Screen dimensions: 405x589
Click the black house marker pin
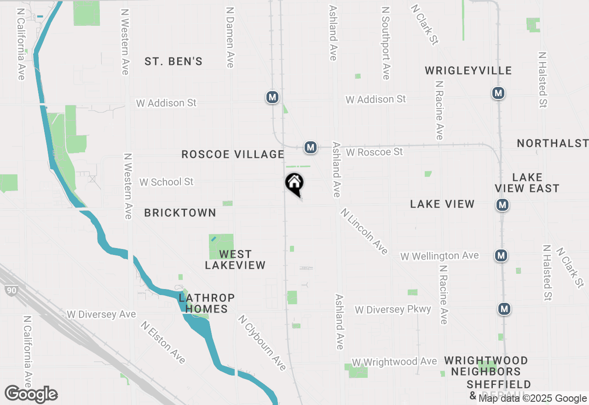pos(294,184)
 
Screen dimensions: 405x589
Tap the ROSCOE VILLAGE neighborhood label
pos(233,154)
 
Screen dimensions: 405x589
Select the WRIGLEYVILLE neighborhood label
pos(468,70)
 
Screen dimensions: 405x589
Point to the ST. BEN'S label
pos(173,62)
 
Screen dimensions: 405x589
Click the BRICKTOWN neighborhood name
pos(180,213)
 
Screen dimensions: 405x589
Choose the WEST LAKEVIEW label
pos(235,260)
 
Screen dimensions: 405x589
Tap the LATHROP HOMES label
pos(207,303)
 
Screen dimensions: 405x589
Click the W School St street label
pos(167,182)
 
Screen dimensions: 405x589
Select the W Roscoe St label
pos(374,152)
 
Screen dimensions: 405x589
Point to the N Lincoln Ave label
pos(364,231)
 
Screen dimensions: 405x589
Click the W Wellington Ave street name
pos(439,256)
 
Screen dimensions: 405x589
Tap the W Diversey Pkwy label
pos(393,309)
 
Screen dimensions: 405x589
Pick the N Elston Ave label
pos(163,342)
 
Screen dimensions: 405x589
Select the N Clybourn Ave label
pos(262,342)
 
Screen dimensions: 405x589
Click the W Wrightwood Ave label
pos(394,362)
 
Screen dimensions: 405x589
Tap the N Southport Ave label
pos(386,42)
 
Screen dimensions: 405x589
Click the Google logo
pos(31,394)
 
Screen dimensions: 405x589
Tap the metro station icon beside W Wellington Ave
pos(502,255)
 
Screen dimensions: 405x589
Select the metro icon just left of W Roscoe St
pos(311,147)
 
